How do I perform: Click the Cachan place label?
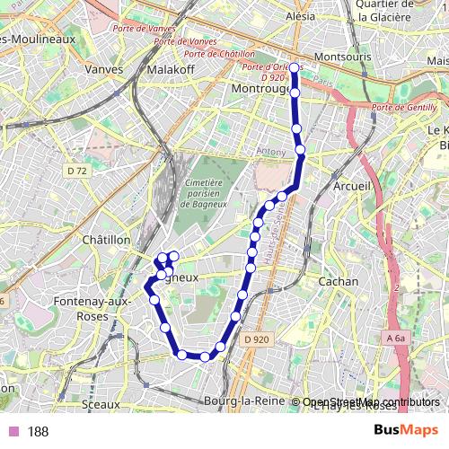point(339,281)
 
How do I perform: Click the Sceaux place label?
point(100,405)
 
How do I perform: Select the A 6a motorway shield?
point(396,338)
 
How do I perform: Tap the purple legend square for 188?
point(13,432)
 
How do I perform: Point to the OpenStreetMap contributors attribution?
point(371,401)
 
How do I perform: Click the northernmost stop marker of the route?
point(294,67)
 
